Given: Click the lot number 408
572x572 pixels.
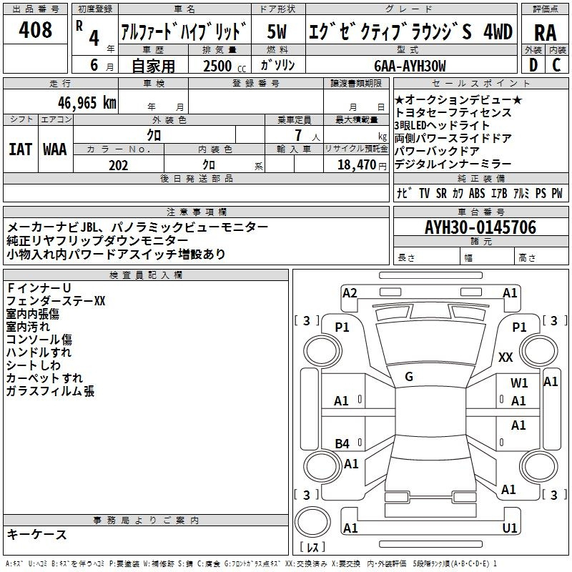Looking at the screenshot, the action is click(36, 30).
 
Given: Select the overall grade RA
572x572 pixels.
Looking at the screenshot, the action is click(545, 32).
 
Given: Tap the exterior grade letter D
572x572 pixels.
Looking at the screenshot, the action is click(533, 65).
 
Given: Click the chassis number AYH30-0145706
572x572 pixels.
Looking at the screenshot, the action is click(480, 228).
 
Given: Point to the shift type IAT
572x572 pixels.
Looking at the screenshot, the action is click(21, 149).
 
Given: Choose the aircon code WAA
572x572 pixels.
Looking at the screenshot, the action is click(54, 149).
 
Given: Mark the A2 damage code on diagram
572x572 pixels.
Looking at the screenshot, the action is click(350, 292).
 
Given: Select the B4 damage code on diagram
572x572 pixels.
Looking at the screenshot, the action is click(342, 444).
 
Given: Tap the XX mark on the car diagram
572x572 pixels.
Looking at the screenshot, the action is click(506, 357).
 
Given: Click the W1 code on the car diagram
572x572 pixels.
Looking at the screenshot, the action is click(519, 383).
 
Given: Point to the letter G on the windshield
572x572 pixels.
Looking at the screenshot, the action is click(409, 377).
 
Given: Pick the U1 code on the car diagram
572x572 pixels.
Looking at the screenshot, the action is click(510, 528).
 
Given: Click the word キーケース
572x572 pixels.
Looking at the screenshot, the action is click(36, 535).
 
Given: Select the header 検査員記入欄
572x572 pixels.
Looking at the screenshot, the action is click(146, 275).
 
